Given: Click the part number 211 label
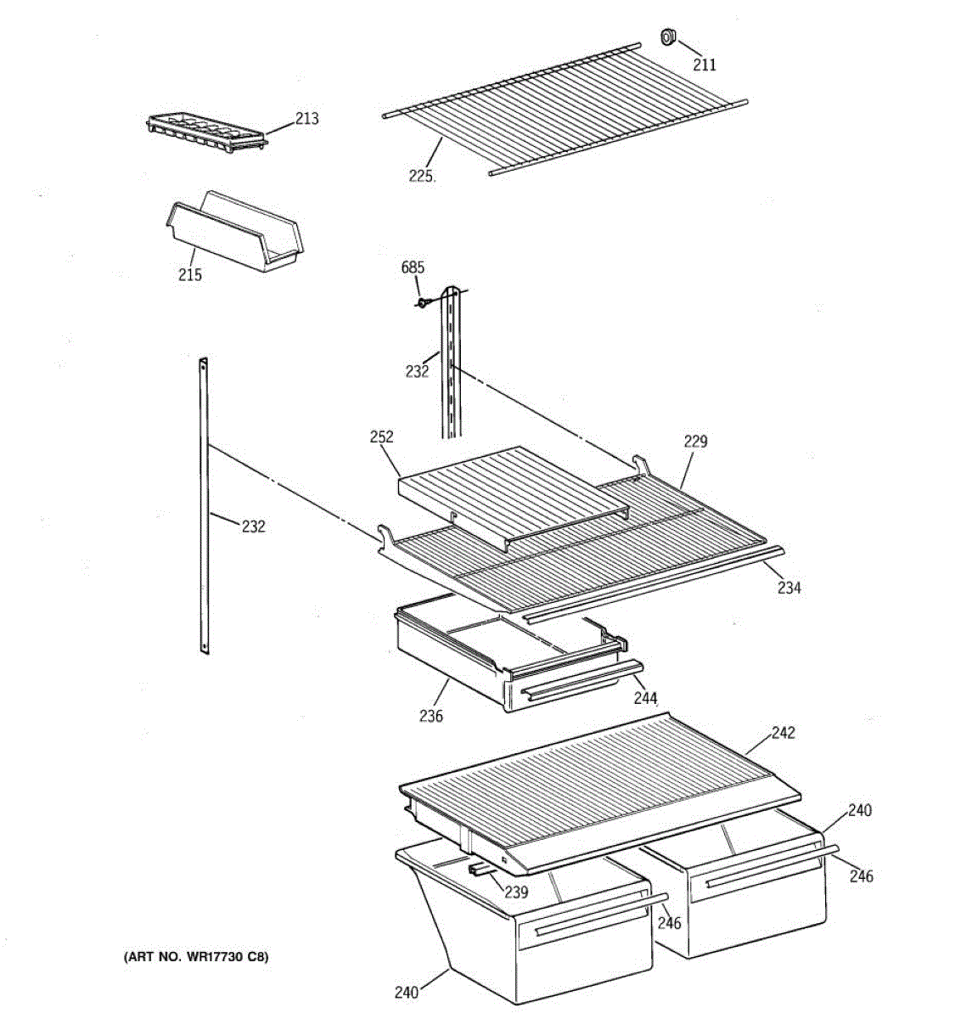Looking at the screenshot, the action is click(705, 65).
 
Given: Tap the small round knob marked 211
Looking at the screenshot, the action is click(667, 37).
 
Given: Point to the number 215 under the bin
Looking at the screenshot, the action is click(190, 274).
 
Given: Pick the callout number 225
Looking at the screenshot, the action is click(421, 177).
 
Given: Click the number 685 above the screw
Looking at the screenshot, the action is click(413, 268).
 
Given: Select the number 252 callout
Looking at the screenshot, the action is click(382, 436).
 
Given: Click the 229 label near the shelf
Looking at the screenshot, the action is click(695, 441).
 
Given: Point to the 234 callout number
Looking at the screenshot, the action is click(789, 587).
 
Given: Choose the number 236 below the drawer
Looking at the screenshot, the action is click(430, 716).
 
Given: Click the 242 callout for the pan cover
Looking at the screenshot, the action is click(783, 732).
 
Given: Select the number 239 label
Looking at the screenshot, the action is click(516, 892).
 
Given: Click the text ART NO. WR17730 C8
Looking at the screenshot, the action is click(196, 957).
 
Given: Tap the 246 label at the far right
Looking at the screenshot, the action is click(861, 876).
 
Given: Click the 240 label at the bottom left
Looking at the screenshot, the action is click(407, 992).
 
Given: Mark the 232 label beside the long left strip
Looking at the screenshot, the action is click(253, 526).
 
